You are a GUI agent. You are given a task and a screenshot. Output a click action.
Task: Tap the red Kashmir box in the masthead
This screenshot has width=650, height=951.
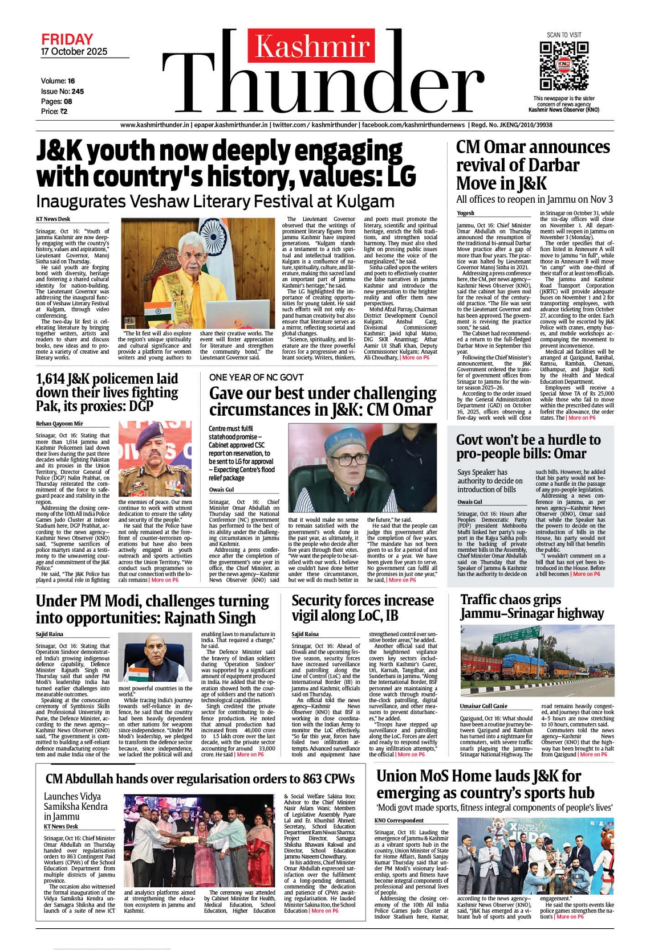click(x=311, y=46)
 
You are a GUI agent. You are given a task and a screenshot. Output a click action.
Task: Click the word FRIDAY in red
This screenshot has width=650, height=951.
click(x=67, y=39)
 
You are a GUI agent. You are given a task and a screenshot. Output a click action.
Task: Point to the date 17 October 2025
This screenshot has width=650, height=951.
click(x=74, y=51)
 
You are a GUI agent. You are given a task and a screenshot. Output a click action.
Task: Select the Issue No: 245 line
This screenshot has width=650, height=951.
click(x=62, y=91)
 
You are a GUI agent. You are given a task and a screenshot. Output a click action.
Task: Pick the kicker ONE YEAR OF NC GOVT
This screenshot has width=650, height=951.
click(x=256, y=377)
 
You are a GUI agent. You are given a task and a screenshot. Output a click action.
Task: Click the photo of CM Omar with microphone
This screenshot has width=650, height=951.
click(x=362, y=469)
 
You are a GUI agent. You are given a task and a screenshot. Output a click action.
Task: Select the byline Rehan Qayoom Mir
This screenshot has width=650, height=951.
click(x=59, y=424)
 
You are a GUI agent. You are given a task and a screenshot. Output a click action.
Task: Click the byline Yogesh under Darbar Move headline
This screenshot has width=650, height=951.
click(x=465, y=213)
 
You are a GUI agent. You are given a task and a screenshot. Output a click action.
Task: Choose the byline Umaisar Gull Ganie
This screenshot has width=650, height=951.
click(x=484, y=706)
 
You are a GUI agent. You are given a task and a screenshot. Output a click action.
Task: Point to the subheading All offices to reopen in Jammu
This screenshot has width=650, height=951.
click(x=534, y=199)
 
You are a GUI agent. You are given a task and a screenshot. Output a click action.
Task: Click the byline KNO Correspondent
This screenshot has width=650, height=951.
click(x=399, y=821)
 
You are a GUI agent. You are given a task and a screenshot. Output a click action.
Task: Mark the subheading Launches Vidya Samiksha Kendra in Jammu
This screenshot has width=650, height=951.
click(x=75, y=806)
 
